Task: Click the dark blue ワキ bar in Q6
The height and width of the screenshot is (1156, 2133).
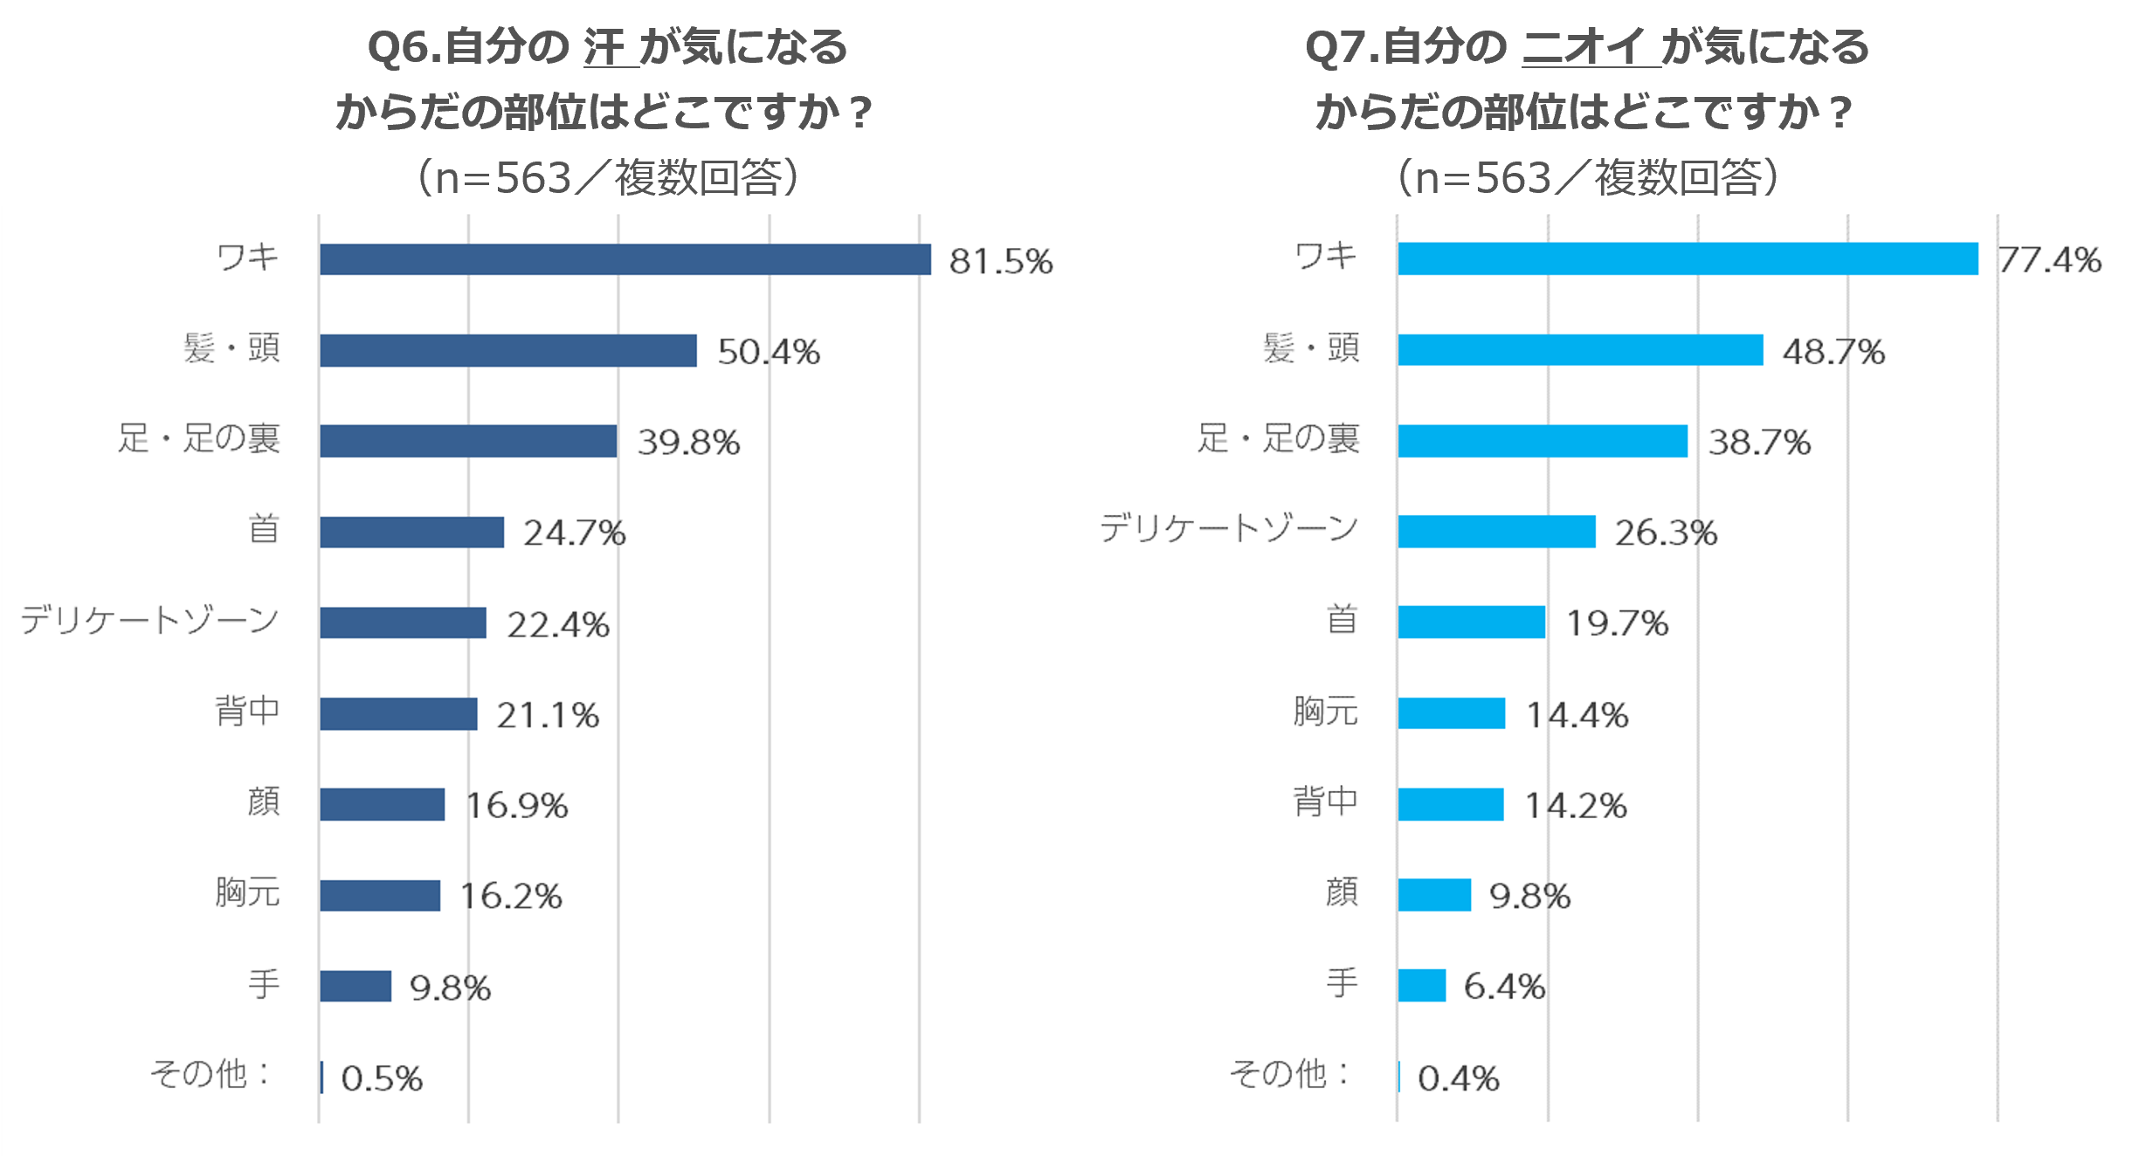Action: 625,259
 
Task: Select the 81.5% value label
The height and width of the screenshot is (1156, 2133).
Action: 1001,261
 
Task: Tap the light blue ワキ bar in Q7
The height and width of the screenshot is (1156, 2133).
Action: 1688,259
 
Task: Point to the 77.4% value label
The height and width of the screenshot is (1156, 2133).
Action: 2049,260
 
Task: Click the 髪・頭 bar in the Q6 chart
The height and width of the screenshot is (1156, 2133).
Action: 507,350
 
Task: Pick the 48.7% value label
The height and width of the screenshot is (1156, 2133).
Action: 1833,352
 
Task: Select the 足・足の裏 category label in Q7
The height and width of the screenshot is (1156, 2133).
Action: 1278,438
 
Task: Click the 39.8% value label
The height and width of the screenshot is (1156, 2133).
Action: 688,443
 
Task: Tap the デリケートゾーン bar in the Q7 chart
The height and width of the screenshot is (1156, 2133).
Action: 1496,532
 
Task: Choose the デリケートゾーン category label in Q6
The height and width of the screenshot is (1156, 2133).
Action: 150,620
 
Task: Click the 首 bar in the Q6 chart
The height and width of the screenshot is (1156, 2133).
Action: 411,532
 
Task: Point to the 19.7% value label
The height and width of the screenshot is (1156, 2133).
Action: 1617,623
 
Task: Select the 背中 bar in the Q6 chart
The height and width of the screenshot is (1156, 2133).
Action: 398,713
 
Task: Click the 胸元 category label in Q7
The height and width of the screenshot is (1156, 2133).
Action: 1325,712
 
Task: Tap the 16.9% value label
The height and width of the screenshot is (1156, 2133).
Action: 517,805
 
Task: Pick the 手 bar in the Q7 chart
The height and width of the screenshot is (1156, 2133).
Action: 1421,986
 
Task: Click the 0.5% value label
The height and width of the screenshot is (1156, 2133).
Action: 382,1079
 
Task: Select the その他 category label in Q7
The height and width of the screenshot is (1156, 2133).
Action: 1288,1074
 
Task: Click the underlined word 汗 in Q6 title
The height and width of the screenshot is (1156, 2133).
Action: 604,47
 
